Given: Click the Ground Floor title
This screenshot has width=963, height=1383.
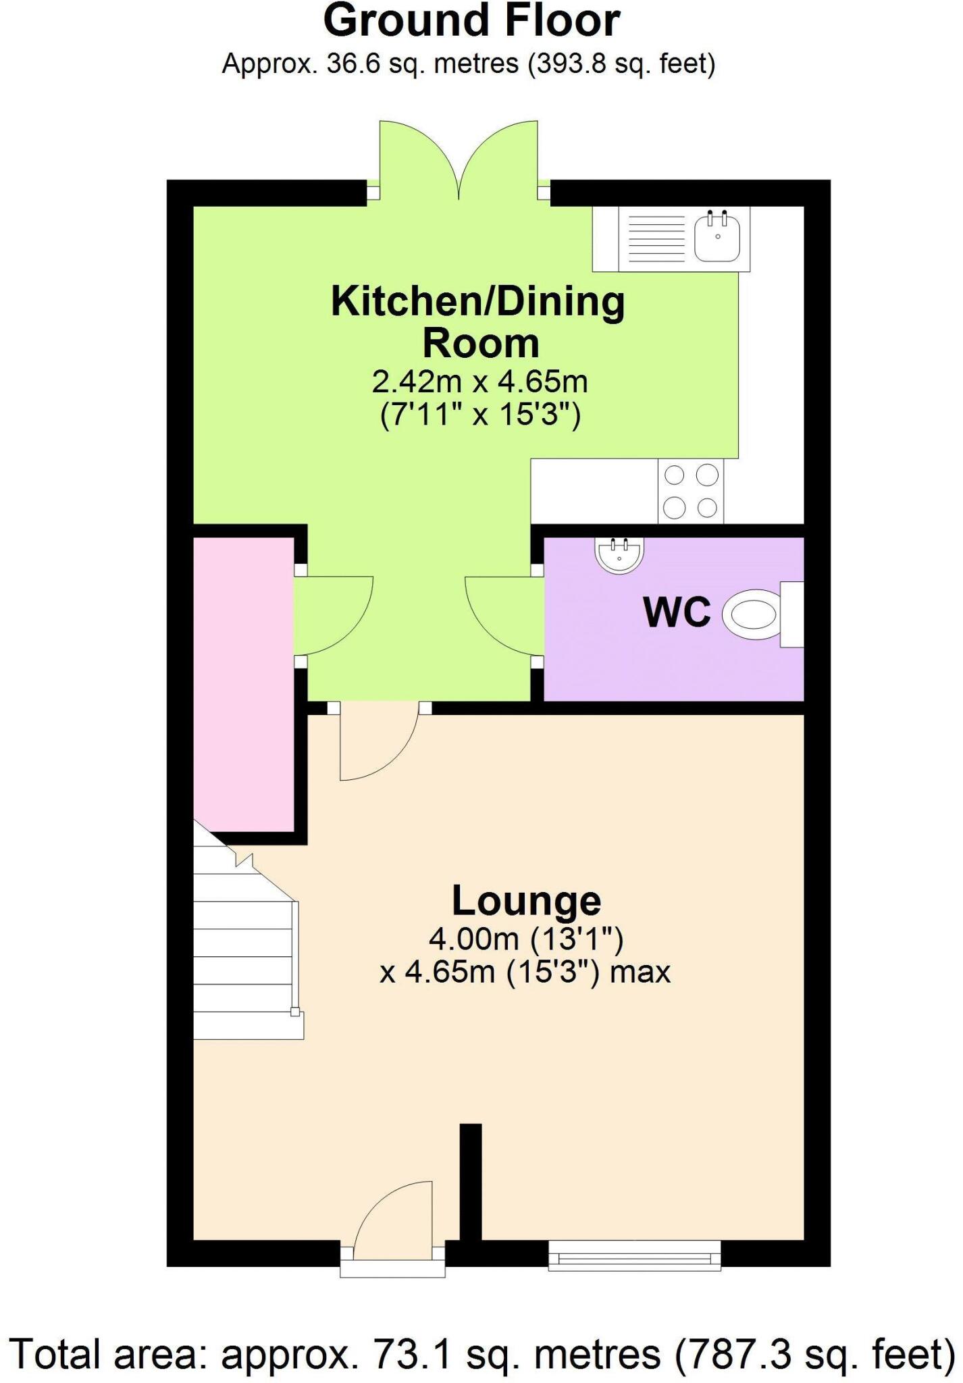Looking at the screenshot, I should tap(471, 22).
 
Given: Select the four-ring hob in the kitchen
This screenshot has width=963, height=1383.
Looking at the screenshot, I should tap(690, 491).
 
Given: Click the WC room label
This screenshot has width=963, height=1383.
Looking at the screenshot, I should tap(677, 613).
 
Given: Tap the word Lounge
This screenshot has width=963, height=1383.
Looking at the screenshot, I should tap(525, 900).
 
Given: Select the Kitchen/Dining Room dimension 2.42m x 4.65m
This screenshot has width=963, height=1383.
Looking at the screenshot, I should tap(479, 382).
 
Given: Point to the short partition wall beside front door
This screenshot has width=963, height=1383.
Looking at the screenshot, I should tap(471, 1182).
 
